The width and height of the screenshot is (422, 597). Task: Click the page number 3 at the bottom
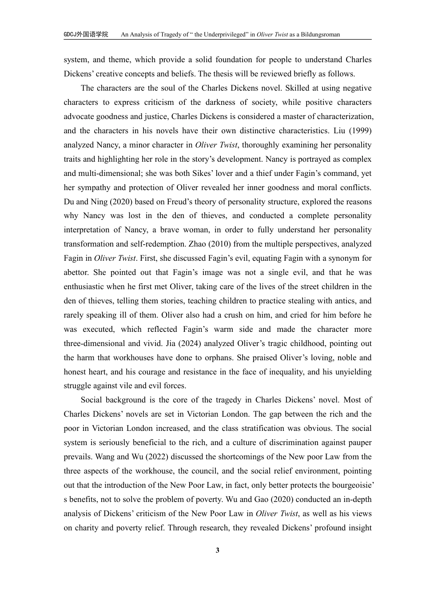218,551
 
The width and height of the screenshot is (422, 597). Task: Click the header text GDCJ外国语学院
86,34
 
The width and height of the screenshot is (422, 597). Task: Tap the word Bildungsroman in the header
320,34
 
